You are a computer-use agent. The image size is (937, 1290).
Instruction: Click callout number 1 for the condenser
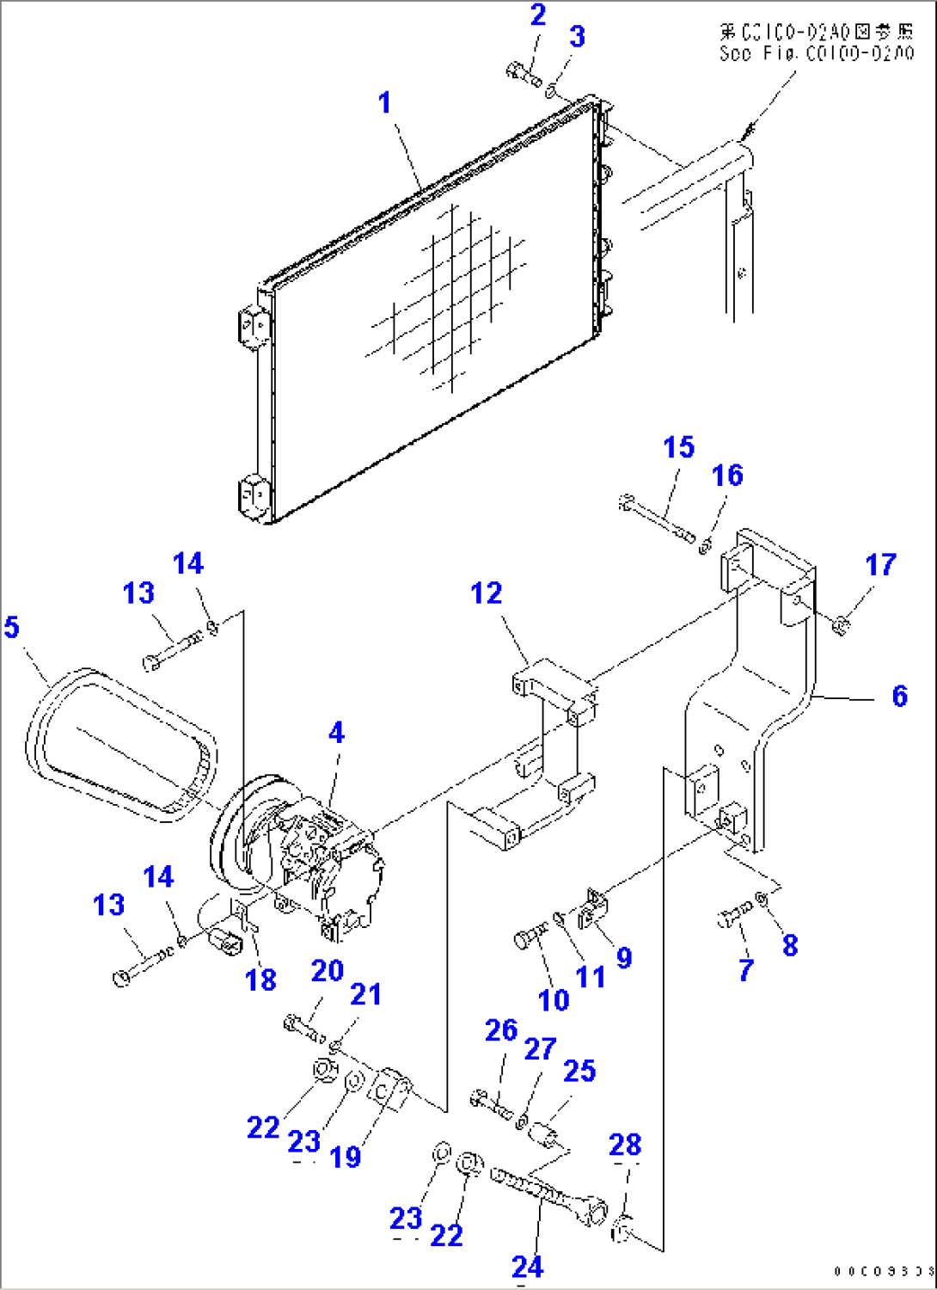(384, 103)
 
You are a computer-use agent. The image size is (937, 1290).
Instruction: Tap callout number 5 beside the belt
(11, 627)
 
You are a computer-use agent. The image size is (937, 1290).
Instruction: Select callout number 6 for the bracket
(899, 695)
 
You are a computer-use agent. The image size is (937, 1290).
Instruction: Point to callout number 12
(486, 593)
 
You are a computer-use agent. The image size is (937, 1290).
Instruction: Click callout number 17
(880, 565)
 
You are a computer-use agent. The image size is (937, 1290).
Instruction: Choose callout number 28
(625, 1145)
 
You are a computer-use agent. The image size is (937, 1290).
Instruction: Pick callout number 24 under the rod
(527, 1266)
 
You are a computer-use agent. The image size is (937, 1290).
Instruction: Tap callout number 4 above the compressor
(336, 733)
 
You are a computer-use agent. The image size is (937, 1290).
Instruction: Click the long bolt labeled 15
(658, 519)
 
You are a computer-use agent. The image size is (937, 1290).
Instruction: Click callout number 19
(346, 1157)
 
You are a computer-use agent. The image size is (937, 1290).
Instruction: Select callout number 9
(624, 957)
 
